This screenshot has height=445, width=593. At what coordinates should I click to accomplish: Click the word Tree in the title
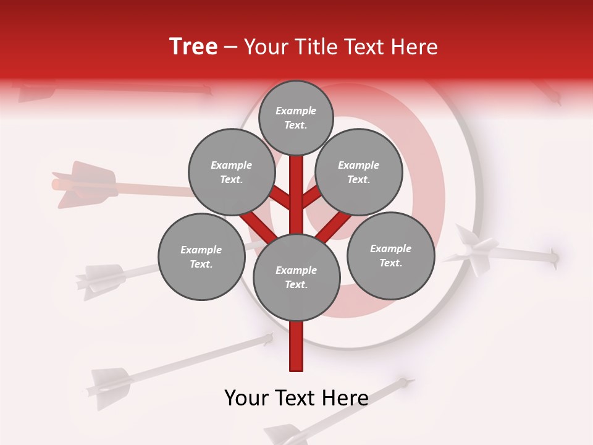click(193, 47)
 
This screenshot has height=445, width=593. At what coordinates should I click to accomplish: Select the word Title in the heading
click(317, 47)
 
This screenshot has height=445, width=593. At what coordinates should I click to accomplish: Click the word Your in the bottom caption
click(246, 398)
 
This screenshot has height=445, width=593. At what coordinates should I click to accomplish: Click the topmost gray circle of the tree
click(296, 117)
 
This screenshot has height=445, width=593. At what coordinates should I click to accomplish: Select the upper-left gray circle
click(231, 172)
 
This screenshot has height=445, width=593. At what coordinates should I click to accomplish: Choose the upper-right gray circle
click(359, 172)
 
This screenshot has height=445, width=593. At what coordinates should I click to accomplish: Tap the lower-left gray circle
click(201, 256)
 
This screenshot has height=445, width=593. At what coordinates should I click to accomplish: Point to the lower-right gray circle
click(391, 255)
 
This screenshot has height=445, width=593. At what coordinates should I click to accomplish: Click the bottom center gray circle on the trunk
click(296, 277)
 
